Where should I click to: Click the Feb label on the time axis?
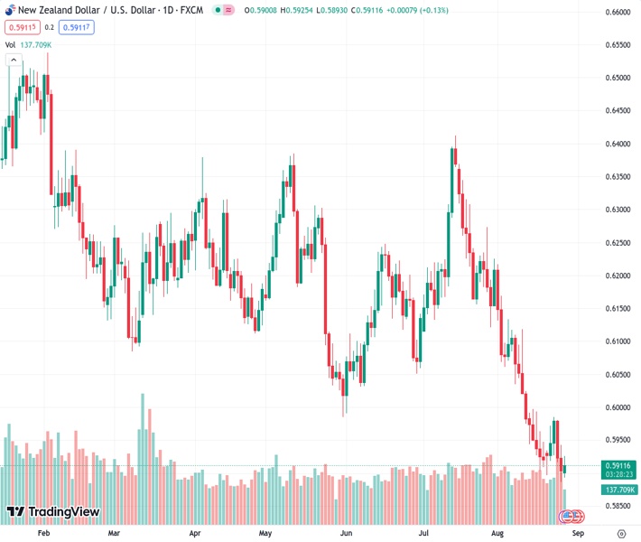[x=43, y=533]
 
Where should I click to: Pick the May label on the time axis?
[x=265, y=533]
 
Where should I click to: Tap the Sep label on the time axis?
[x=578, y=533]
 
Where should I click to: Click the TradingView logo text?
[x=63, y=512]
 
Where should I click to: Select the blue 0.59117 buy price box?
[x=76, y=27]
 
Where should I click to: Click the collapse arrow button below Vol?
[x=14, y=60]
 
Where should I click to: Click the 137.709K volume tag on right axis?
[x=618, y=490]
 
